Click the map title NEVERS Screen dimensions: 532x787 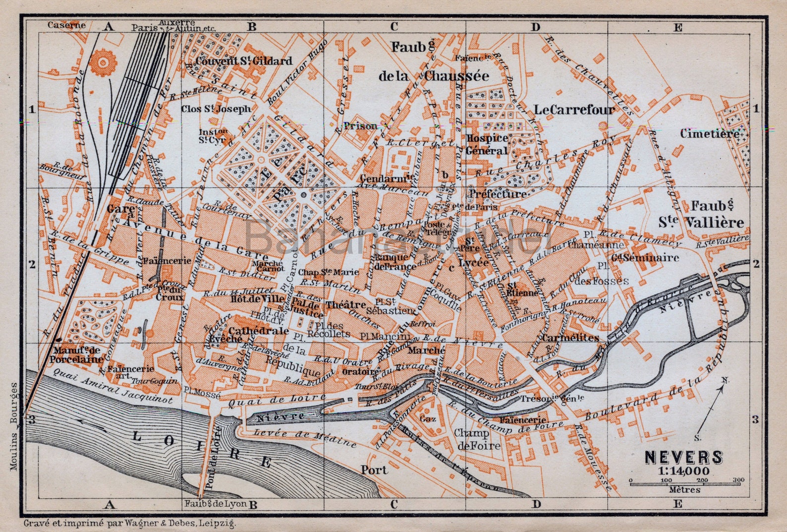coord(683,457)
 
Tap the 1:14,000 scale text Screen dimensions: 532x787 coord(684,471)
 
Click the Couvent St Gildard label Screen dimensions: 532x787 coord(244,61)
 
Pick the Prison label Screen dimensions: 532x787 coord(360,126)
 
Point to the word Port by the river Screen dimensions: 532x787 coord(374,470)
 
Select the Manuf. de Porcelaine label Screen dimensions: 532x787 coord(76,355)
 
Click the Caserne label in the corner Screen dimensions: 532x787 coord(66,25)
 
